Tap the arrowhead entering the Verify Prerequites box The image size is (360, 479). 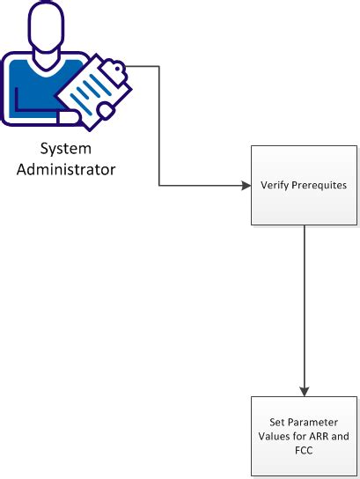pos(246,186)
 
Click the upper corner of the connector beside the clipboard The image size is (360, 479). pos(158,67)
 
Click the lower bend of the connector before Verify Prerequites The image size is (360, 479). pos(158,186)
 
